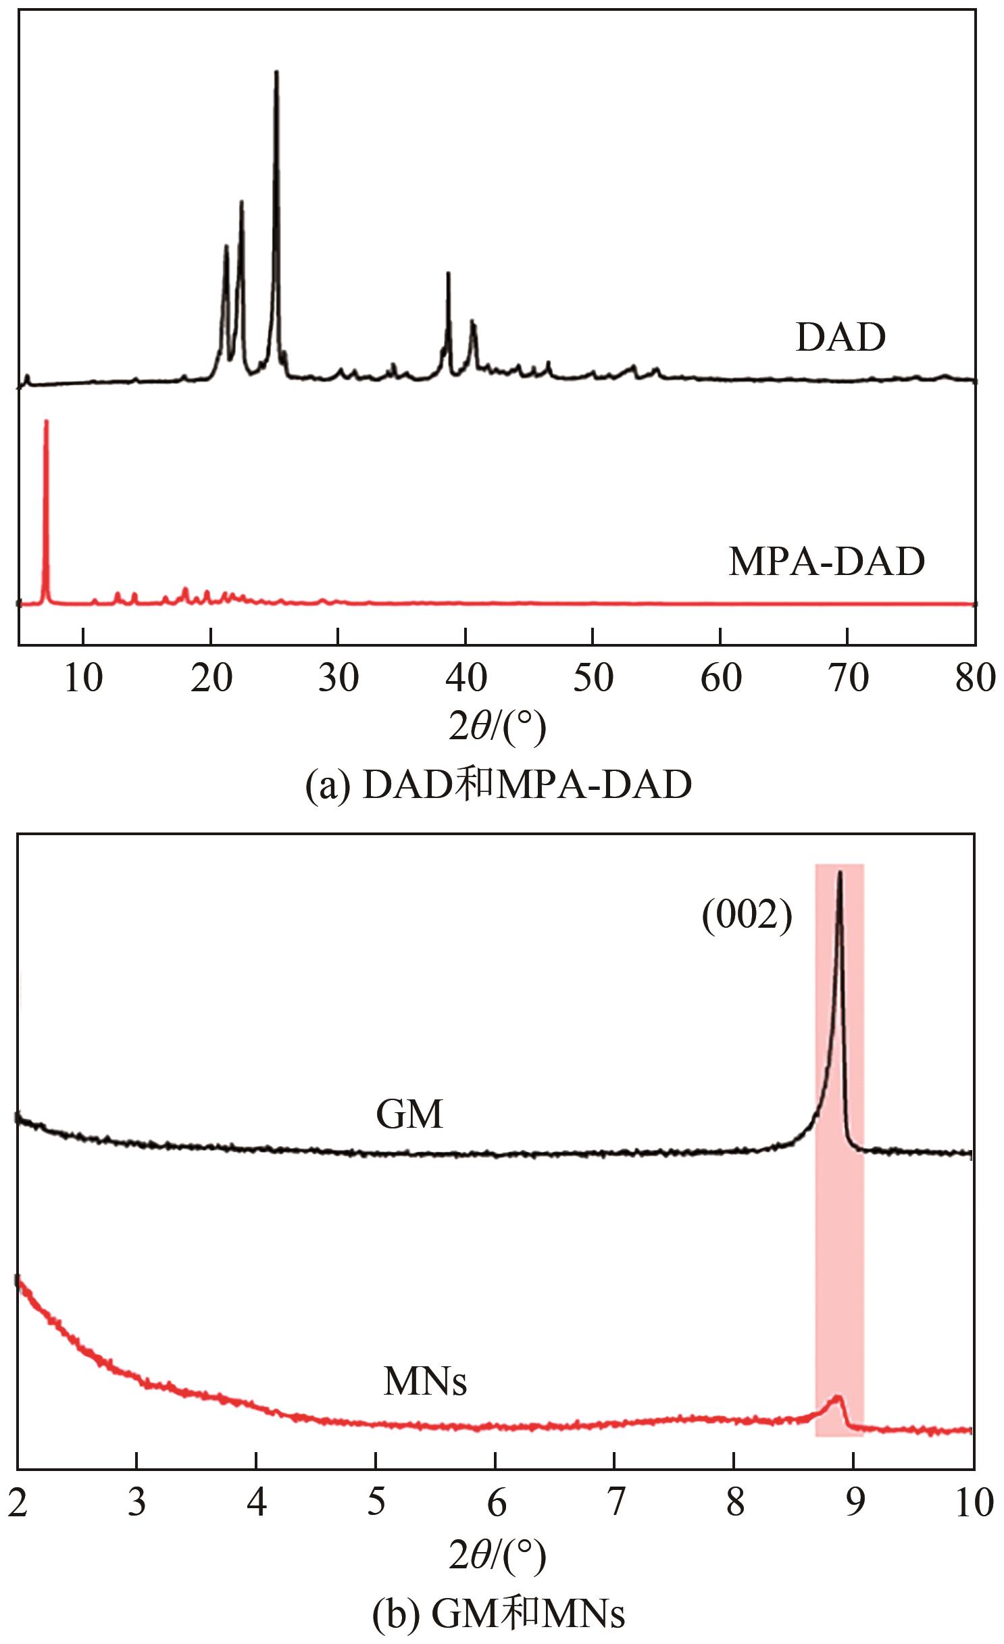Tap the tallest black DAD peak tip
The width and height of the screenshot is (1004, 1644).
[276, 72]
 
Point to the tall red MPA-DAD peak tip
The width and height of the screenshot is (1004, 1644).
[46, 422]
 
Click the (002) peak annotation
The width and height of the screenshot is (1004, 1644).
[747, 917]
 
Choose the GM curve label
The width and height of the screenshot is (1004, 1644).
[409, 1114]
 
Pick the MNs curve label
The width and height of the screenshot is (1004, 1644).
[425, 1381]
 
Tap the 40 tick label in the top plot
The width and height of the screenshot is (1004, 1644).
[466, 678]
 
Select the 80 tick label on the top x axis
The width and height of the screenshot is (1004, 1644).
[975, 678]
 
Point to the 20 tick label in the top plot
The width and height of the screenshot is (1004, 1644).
[211, 678]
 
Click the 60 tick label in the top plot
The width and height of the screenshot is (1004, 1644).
[721, 678]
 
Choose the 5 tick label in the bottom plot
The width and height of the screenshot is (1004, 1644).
[376, 1503]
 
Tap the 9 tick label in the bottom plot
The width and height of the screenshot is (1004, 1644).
[855, 1503]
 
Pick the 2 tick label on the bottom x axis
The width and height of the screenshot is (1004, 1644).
[18, 1503]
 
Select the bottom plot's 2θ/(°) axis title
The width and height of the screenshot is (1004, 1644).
[498, 1553]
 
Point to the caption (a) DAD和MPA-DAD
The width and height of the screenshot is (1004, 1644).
[499, 786]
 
